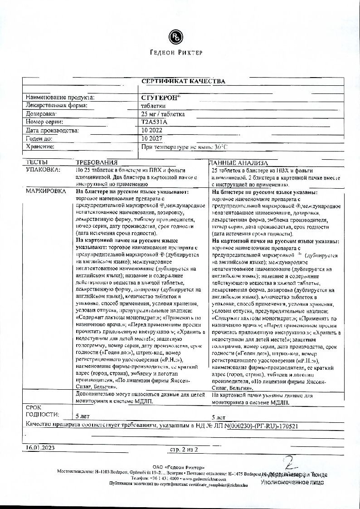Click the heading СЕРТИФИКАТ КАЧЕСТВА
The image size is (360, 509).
[183, 81]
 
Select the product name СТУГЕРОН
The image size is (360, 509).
[155, 97]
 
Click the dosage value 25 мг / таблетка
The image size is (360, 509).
[163, 114]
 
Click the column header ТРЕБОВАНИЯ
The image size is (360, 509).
[96, 162]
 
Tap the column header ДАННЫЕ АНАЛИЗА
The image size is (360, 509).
[239, 162]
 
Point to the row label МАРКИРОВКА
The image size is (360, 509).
[47, 192]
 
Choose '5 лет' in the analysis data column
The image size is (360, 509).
[219, 416]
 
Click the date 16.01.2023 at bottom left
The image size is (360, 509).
[39, 448]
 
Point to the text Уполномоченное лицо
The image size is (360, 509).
[292, 483]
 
